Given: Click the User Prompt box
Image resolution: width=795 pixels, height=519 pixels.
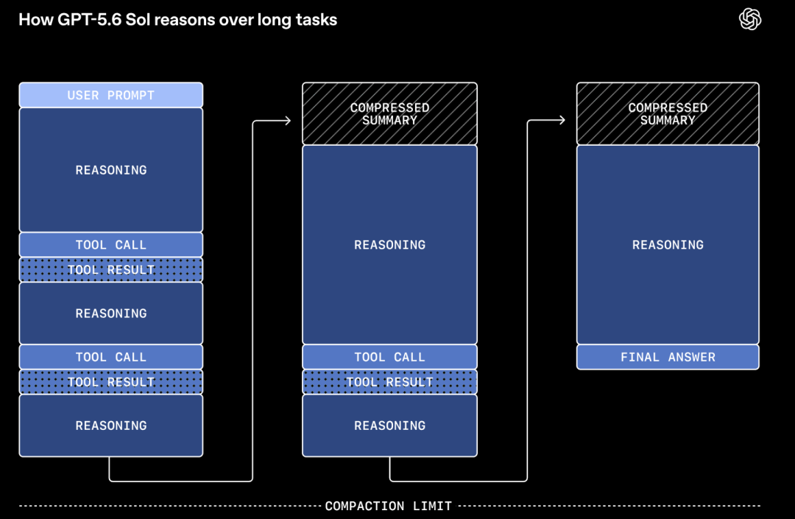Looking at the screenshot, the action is click(111, 95).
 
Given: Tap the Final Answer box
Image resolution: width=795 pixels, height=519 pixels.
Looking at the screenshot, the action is click(668, 357).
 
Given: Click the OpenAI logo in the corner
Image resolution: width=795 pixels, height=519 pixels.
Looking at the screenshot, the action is click(750, 19).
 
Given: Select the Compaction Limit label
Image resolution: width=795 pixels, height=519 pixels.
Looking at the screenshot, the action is click(389, 506).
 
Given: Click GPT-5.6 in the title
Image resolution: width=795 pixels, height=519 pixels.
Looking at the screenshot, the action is click(90, 20).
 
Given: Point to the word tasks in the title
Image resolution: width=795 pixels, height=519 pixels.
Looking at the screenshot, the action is click(317, 20).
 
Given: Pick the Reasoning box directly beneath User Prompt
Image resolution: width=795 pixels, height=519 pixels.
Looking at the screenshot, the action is click(111, 170).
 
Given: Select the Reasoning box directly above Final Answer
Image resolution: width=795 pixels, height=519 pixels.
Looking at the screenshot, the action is click(668, 245).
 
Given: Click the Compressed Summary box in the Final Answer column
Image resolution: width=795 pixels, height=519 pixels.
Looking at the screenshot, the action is click(668, 113).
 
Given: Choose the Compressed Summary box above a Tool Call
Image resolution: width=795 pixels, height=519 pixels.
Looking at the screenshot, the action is click(389, 113).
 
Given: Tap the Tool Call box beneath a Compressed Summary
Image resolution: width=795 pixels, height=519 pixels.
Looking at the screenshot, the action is click(389, 357).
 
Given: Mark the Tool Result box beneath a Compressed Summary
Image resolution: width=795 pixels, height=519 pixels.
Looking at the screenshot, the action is click(389, 381).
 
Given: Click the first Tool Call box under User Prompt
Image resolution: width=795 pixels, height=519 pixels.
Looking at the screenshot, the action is click(111, 245).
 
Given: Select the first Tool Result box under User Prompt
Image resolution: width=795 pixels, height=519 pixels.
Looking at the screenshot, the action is click(111, 269).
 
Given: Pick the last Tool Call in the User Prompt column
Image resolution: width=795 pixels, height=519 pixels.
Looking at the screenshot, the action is click(111, 357).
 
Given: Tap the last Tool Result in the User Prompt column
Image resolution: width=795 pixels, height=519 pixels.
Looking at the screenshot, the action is click(111, 381).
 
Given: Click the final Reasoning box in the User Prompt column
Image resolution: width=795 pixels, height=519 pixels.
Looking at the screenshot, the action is click(111, 426).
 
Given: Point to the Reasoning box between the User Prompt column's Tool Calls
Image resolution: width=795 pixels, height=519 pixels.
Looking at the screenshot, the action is click(111, 313).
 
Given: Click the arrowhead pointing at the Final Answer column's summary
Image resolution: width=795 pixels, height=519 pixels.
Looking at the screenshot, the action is click(562, 120).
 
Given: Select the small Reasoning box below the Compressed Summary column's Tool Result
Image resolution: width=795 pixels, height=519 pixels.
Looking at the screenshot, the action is click(389, 426).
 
